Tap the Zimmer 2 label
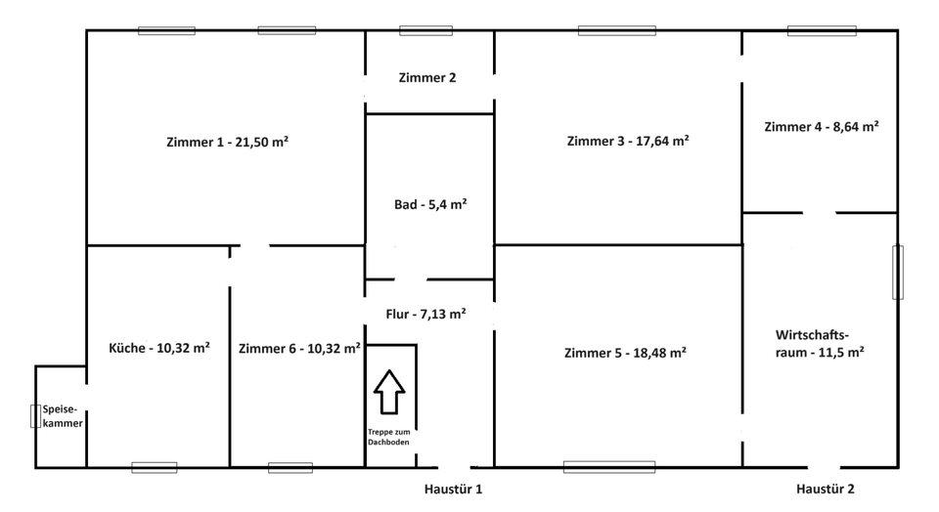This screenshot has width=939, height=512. pyautogui.click(x=427, y=78)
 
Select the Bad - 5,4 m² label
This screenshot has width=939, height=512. pyautogui.click(x=429, y=204)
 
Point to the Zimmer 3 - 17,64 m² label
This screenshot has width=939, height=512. pyautogui.click(x=627, y=141)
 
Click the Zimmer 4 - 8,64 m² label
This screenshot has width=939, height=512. pyautogui.click(x=822, y=126)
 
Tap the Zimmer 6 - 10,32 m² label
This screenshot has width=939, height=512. pyautogui.click(x=299, y=348)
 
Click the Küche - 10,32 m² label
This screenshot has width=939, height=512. pyautogui.click(x=158, y=348)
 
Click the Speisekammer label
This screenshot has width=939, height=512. pyautogui.click(x=62, y=417)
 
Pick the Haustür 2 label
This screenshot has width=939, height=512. pyautogui.click(x=825, y=489)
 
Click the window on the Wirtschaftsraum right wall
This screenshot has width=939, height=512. pyautogui.click(x=898, y=272)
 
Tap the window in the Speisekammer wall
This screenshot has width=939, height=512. pyautogui.click(x=36, y=416)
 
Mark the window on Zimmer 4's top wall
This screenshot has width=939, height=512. pyautogui.click(x=822, y=30)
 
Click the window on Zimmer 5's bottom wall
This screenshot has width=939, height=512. pyautogui.click(x=608, y=467)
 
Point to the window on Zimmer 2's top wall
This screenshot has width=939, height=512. pyautogui.click(x=425, y=30)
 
